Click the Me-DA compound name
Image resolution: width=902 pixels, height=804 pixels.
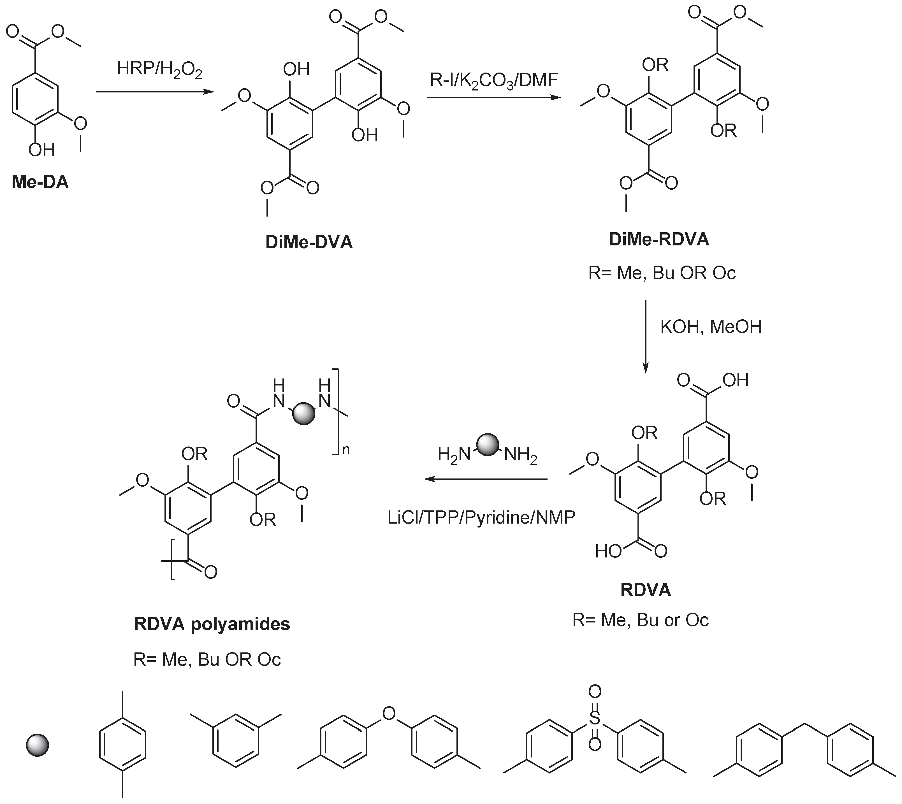40,182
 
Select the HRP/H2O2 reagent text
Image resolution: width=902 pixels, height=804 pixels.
159,70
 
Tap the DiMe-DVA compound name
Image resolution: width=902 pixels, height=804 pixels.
309,242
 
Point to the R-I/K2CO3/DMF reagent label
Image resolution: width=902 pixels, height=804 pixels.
494,81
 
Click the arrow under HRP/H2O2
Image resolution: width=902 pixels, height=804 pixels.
155,92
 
